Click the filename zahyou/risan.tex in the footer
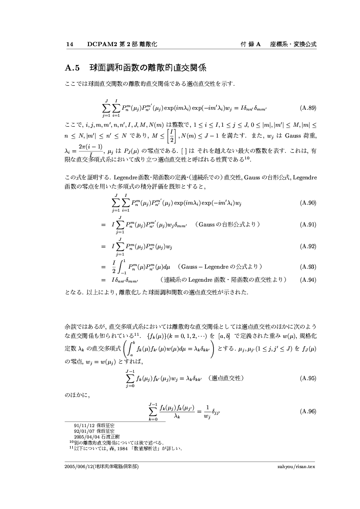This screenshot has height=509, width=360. pyautogui.click(x=296, y=467)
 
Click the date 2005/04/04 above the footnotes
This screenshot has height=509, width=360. pyautogui.click(x=85, y=436)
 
